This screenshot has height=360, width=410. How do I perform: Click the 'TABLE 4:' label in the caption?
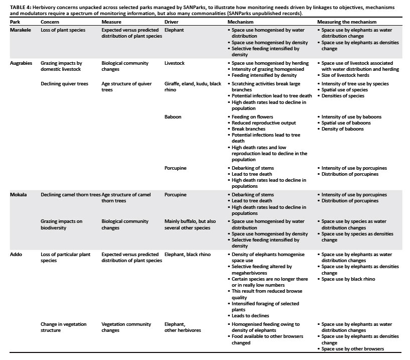click(x=21, y=7)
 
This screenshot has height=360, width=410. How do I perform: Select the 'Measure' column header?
click(x=111, y=23)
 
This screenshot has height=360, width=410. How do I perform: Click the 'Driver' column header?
click(x=172, y=23)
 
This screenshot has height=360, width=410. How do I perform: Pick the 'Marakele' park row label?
click(x=21, y=30)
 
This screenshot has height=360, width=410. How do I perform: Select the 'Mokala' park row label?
click(x=19, y=194)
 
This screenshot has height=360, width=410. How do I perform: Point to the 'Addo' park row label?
click(x=16, y=255)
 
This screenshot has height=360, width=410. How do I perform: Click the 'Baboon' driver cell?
click(x=173, y=117)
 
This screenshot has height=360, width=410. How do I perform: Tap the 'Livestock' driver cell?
click(x=176, y=63)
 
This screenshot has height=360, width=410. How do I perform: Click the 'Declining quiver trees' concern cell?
click(x=64, y=84)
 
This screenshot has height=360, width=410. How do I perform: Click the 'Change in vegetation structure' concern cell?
click(x=63, y=327)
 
